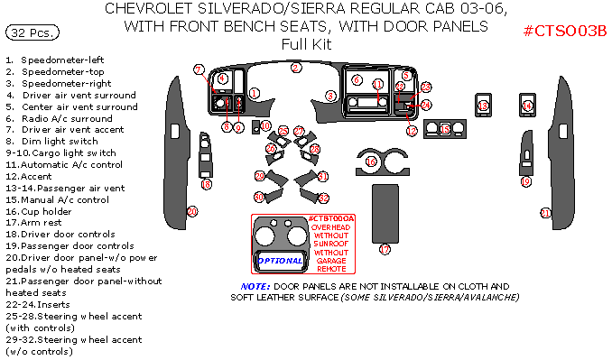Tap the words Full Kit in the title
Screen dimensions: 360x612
click(306, 43)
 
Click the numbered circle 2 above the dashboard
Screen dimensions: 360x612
click(296, 68)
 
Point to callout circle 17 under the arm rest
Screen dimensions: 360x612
click(385, 249)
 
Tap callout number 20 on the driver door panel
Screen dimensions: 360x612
click(191, 211)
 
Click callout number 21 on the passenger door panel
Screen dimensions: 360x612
click(545, 213)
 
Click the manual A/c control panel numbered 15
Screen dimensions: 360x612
click(445, 130)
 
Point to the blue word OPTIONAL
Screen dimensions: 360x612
click(281, 260)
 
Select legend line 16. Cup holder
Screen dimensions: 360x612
click(45, 210)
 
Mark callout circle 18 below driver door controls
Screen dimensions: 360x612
click(207, 184)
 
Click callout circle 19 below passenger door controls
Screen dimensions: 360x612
click(525, 181)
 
